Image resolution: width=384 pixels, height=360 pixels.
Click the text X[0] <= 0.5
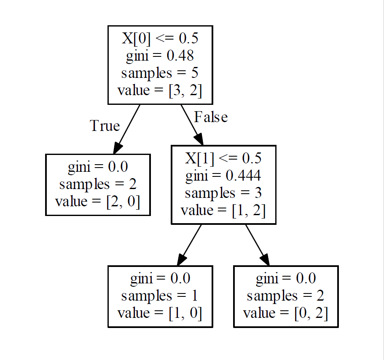(160, 39)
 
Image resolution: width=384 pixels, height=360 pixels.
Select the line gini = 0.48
(160, 56)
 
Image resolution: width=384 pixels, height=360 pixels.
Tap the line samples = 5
(160, 73)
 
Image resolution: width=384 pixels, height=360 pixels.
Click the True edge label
(105, 125)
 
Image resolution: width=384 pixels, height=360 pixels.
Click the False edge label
(211, 117)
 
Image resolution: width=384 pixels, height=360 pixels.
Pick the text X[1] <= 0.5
(223, 158)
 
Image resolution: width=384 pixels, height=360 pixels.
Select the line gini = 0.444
(223, 176)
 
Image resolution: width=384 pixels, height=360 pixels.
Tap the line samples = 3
(223, 193)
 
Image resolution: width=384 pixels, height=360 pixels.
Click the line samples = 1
(160, 296)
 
